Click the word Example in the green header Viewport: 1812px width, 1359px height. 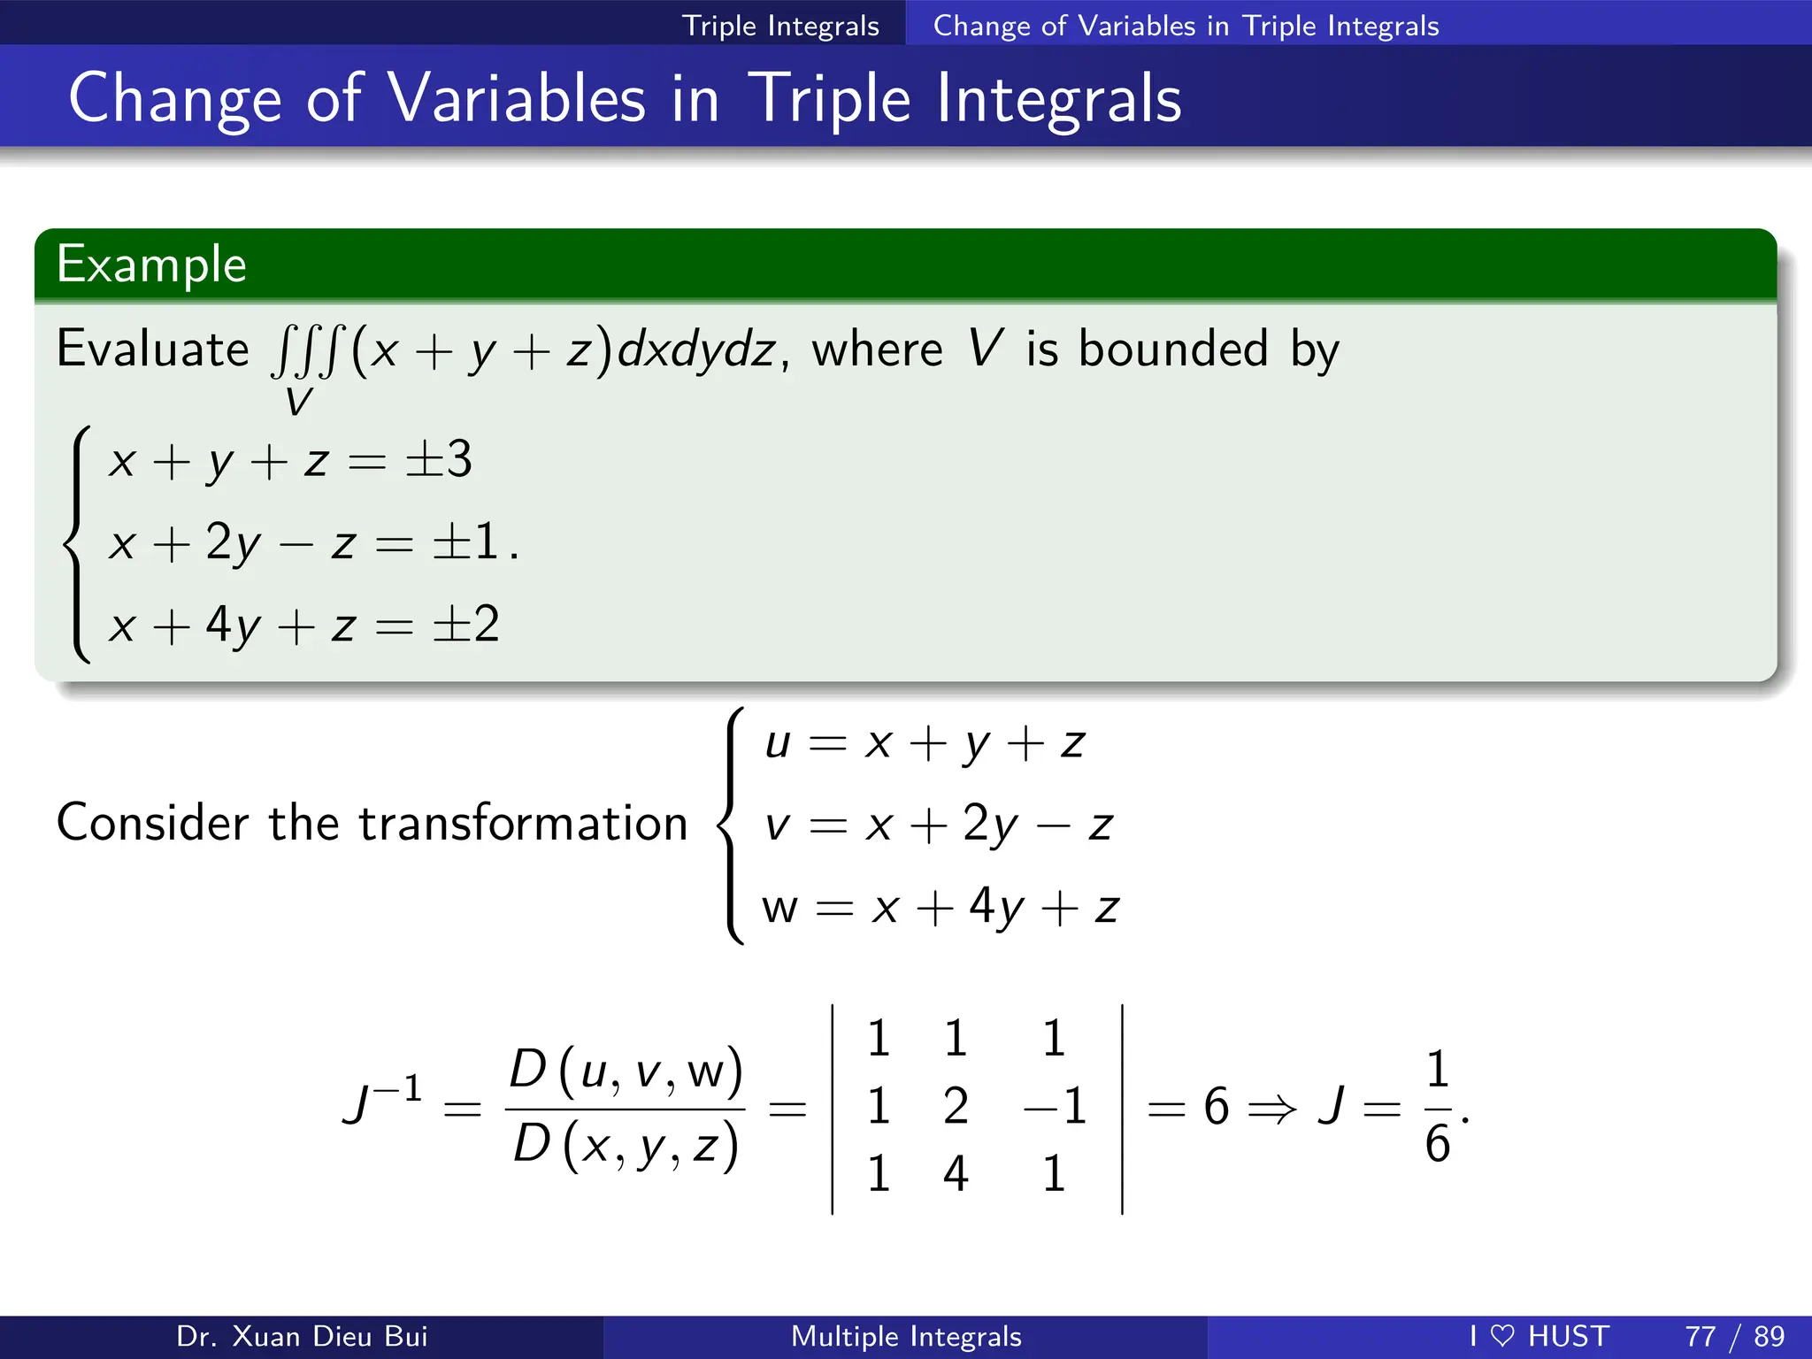pyautogui.click(x=151, y=265)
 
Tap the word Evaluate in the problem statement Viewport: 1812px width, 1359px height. pyautogui.click(x=152, y=349)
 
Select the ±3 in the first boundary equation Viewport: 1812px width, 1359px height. pyautogui.click(x=438, y=460)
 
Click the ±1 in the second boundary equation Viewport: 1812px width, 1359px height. pyautogui.click(x=465, y=542)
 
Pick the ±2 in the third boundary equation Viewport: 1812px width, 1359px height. pyautogui.click(x=465, y=625)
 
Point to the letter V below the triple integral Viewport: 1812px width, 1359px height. pyautogui.click(x=298, y=403)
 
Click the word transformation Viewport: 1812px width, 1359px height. pyautogui.click(x=523, y=823)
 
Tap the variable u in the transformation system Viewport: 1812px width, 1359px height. pyautogui.click(x=777, y=743)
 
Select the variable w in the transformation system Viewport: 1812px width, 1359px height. pyautogui.click(x=779, y=908)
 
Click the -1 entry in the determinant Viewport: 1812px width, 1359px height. pyautogui.click(x=1055, y=1106)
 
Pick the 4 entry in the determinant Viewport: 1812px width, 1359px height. pyautogui.click(x=956, y=1174)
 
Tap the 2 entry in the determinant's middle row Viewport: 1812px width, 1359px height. pyautogui.click(x=956, y=1106)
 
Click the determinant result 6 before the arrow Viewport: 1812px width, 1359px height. pyautogui.click(x=1217, y=1107)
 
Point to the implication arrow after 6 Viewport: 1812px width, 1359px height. pyautogui.click(x=1271, y=1108)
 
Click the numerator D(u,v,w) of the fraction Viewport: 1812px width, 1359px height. pyautogui.click(x=626, y=1071)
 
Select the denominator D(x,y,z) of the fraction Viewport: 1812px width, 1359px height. pyautogui.click(x=626, y=1145)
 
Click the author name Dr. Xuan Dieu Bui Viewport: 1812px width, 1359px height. pyautogui.click(x=302, y=1336)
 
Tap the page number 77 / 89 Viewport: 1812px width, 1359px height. pyautogui.click(x=1734, y=1336)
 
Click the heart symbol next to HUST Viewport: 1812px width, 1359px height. pyautogui.click(x=1502, y=1336)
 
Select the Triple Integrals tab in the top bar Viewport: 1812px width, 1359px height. pyautogui.click(x=780, y=26)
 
